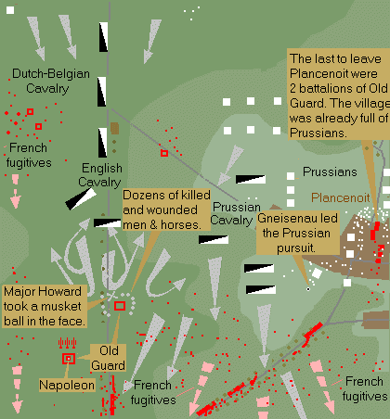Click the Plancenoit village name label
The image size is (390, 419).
click(x=341, y=197)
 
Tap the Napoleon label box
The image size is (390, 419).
click(x=67, y=385)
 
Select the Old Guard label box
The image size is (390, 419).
click(x=109, y=358)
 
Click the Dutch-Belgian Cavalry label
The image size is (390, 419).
click(x=50, y=81)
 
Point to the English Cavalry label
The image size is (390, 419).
click(x=100, y=175)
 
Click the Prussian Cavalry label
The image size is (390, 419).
click(x=236, y=213)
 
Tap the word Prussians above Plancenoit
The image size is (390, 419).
click(x=330, y=171)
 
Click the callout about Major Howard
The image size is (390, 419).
click(x=44, y=306)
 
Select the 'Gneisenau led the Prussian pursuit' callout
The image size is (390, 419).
click(x=298, y=233)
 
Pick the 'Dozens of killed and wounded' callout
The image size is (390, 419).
click(x=166, y=209)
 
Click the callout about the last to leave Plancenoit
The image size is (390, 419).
click(x=339, y=95)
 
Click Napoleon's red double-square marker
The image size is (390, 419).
click(x=69, y=359)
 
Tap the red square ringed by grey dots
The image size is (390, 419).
click(x=120, y=306)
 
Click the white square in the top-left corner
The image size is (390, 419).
click(x=10, y=10)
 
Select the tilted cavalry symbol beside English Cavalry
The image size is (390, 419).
click(x=81, y=199)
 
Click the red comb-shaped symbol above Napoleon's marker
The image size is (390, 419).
click(x=68, y=343)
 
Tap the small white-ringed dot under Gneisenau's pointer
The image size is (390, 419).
click(x=308, y=289)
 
